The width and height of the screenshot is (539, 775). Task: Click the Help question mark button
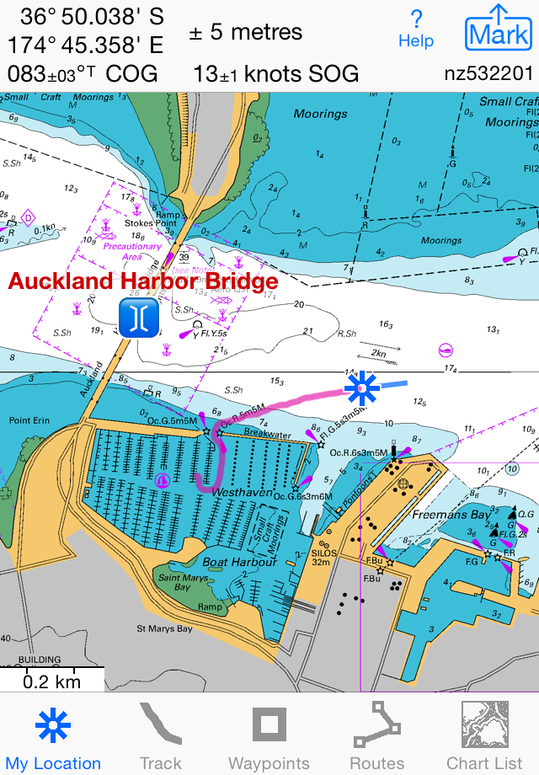416,29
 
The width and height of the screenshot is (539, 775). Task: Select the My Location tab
53,738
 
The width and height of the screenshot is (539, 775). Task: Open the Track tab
160,738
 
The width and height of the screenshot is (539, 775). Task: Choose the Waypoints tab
269,738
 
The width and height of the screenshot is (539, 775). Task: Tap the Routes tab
376,738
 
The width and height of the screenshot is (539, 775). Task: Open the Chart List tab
484,738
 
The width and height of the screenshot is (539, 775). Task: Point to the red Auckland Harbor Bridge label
143,281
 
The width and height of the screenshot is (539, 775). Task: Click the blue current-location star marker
362,387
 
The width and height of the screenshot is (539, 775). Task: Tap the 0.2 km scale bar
51,679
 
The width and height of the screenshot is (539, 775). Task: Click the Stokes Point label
147,224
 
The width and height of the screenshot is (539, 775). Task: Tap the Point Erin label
30,420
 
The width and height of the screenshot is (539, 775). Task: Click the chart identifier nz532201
488,73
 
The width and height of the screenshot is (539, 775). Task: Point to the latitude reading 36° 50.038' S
93,16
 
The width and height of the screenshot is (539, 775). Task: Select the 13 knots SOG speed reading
276,73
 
